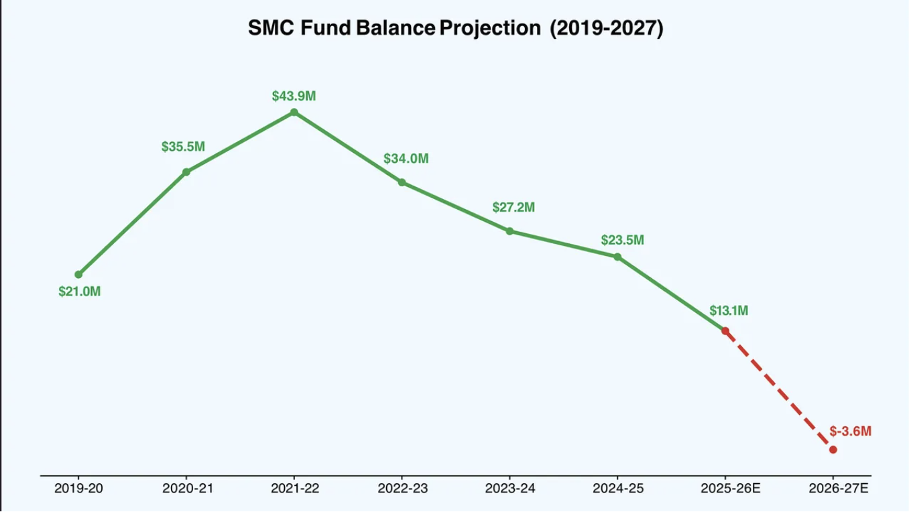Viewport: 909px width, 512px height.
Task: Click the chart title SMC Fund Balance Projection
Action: coord(455,28)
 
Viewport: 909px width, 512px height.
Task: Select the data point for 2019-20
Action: coord(78,274)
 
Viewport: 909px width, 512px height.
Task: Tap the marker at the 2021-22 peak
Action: coord(294,112)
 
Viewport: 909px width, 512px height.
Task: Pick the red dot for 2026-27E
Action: coord(833,450)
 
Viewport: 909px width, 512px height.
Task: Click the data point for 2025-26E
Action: coord(725,331)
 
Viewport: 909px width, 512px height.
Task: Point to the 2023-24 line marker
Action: coord(509,231)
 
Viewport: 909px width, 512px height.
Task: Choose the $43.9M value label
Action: coord(294,96)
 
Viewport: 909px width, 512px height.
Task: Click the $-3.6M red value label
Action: coord(850,431)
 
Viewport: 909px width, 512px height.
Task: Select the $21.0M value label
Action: coord(79,292)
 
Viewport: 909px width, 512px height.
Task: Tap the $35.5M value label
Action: coord(183,147)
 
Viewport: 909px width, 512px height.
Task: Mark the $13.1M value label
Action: coord(729,311)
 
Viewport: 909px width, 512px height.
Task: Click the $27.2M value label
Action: coord(513,207)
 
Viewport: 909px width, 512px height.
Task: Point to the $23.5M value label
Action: coord(622,240)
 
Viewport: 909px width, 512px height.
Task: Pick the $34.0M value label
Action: coord(406,159)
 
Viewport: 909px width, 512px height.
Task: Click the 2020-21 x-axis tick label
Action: coord(188,489)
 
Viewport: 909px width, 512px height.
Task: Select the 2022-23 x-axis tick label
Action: coord(402,489)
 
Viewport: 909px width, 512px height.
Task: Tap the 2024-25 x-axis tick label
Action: coord(617,489)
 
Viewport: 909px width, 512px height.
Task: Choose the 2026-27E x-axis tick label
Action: coord(837,489)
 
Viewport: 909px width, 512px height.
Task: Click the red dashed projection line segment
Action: coord(779,390)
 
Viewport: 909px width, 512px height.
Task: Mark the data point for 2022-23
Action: coord(402,182)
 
